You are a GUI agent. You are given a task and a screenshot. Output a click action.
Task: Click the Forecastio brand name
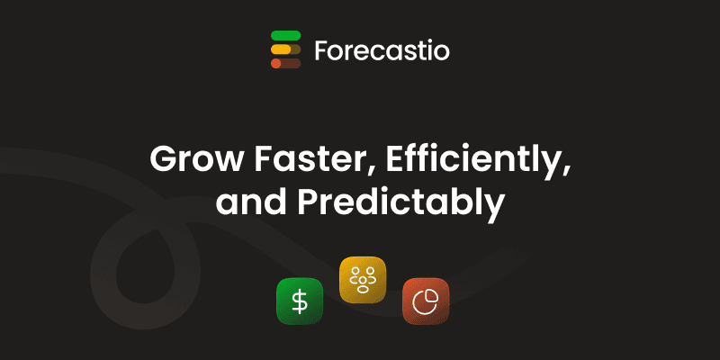click(382, 50)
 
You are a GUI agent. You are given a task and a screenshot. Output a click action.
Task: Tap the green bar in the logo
click(285, 35)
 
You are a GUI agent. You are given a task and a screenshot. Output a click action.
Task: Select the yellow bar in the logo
click(281, 49)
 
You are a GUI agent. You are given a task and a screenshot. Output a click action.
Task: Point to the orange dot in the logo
click(275, 63)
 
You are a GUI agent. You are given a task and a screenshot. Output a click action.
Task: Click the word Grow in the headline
click(187, 161)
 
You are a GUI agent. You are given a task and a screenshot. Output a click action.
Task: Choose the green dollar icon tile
click(300, 301)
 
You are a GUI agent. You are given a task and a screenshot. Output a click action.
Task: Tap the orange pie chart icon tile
click(425, 300)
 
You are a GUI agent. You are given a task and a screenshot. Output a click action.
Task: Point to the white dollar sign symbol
click(300, 301)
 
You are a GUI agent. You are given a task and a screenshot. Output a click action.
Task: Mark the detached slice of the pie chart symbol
click(431, 294)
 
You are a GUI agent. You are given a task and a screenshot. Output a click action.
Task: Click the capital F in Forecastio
click(322, 50)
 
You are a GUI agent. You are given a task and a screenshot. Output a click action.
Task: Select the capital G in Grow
click(162, 161)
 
